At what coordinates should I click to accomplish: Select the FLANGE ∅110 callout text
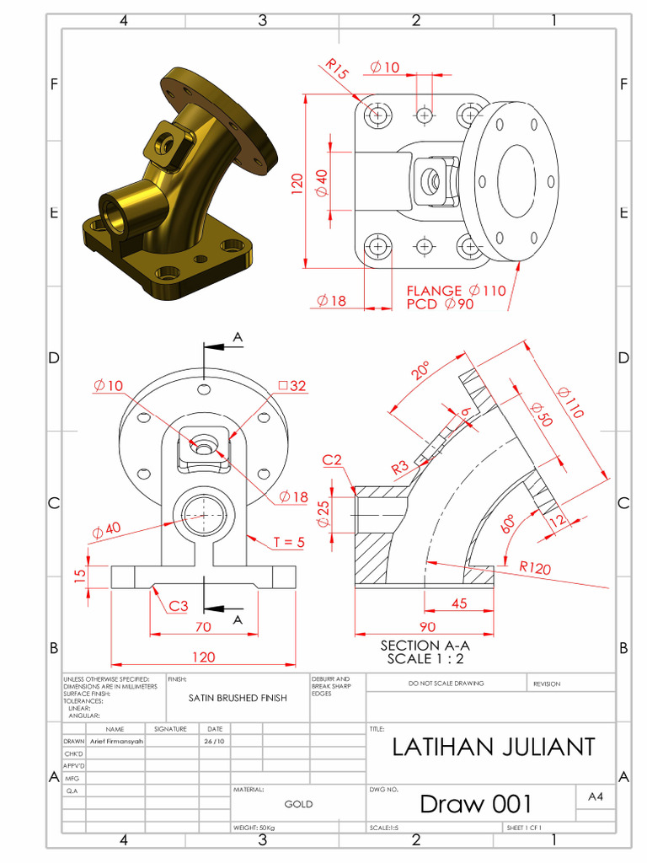tap(456, 291)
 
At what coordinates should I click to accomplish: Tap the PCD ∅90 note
tap(440, 304)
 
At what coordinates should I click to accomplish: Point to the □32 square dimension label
tap(292, 386)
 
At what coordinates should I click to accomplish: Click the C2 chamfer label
tap(332, 459)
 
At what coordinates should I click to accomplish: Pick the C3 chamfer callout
tap(178, 605)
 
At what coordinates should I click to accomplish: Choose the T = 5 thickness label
tap(288, 542)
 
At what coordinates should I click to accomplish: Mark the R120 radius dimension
tap(535, 568)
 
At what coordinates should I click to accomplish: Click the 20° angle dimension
tap(421, 371)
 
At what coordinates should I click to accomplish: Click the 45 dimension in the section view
tap(460, 603)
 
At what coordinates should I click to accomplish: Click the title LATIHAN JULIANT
tap(494, 747)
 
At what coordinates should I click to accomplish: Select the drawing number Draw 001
tap(476, 803)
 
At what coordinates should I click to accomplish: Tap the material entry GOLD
tap(298, 804)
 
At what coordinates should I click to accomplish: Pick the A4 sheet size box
tap(596, 796)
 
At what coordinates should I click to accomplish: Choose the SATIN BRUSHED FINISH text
tap(238, 698)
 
